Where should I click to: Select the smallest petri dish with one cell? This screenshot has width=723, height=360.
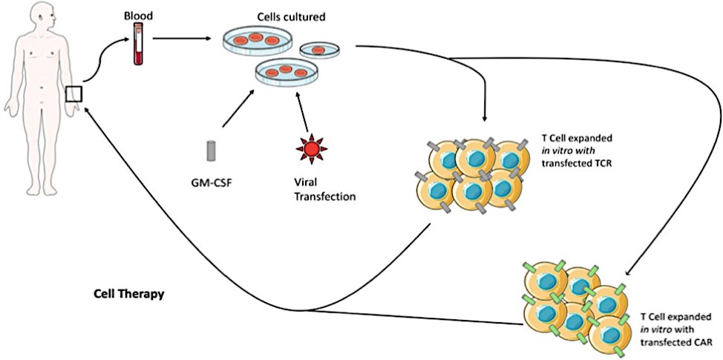[x=320, y=50]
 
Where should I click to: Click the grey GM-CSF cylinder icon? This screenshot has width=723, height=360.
[x=211, y=150]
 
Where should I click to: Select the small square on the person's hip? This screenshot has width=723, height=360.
[x=72, y=95]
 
